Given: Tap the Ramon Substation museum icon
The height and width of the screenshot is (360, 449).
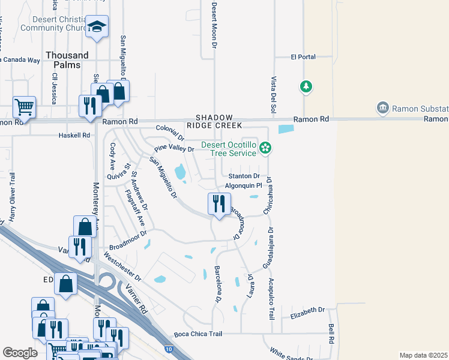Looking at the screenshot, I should pos(382,108).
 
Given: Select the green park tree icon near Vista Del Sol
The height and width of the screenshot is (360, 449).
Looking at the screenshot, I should pos(306,87).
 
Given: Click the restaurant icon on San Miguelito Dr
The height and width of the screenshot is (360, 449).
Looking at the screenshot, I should pos(217,203).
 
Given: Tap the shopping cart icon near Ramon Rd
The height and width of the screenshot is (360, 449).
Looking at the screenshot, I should pos(24,107).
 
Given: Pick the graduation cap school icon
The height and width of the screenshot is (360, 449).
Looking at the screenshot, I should pos(97,26).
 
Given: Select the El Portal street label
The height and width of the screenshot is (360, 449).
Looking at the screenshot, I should pos(303,57).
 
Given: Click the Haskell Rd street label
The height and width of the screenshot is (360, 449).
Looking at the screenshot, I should pos(74,136).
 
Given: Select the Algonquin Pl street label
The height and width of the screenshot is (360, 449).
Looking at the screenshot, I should pos(244,186).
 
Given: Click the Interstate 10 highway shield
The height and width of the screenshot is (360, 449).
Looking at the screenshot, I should pos(169,349).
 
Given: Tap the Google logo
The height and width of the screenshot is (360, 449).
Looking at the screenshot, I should pos(20,353).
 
